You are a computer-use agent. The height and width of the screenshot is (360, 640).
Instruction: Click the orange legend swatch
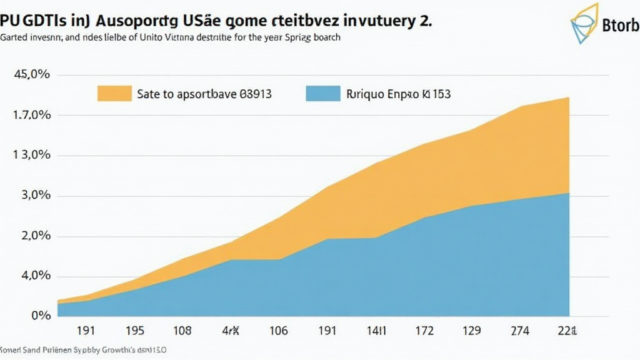tap(114, 94)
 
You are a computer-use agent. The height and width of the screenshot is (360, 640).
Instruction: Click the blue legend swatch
tap(322, 94)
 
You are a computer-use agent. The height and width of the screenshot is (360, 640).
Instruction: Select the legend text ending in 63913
tap(204, 94)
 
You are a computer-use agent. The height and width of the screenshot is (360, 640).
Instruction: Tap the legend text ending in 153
tap(398, 94)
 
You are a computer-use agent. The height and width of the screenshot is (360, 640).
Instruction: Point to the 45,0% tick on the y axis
tap(31, 74)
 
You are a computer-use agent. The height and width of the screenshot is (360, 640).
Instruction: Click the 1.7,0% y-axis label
tap(31, 115)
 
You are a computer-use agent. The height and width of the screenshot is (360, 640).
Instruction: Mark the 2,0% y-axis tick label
tap(32, 236)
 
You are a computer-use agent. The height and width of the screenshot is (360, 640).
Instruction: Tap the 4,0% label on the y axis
tap(32, 276)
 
